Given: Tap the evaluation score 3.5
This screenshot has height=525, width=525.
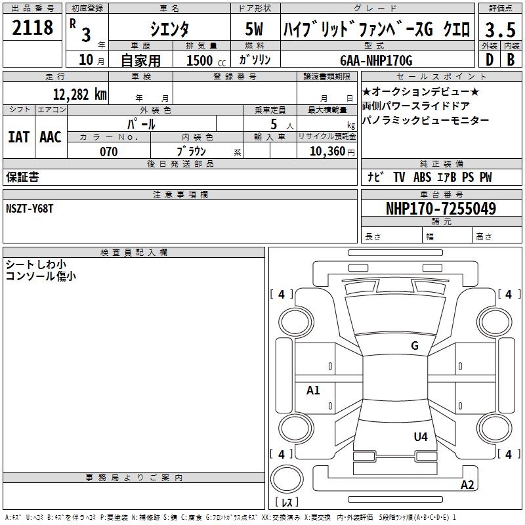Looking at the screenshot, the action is tap(500, 30).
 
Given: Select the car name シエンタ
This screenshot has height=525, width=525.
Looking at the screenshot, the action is tap(169, 29).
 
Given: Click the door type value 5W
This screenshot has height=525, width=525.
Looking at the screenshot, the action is tap(254, 30).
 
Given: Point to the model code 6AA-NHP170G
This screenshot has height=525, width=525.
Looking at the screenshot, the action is tap(376, 60).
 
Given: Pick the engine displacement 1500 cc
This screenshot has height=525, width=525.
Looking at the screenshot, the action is tap(205, 60).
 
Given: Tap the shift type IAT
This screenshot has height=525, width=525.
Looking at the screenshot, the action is tap(18, 137).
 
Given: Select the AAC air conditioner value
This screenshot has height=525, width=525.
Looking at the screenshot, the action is tap(50, 137).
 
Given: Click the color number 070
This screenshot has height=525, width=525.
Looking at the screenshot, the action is tap(108, 152).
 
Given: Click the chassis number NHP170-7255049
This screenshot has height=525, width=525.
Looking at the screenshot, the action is tap(440, 209).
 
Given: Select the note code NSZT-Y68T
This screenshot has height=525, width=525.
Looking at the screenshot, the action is tap(30, 208).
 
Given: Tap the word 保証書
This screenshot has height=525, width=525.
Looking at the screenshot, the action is tap(22, 177).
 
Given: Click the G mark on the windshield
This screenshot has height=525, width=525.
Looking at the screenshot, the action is tap(414, 346).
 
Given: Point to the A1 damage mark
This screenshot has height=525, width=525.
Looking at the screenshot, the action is tap(314, 390).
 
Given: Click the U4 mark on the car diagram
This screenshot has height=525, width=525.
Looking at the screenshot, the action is tap(421, 436).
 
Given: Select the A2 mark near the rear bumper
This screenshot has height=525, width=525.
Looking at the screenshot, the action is tap(467, 485).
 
